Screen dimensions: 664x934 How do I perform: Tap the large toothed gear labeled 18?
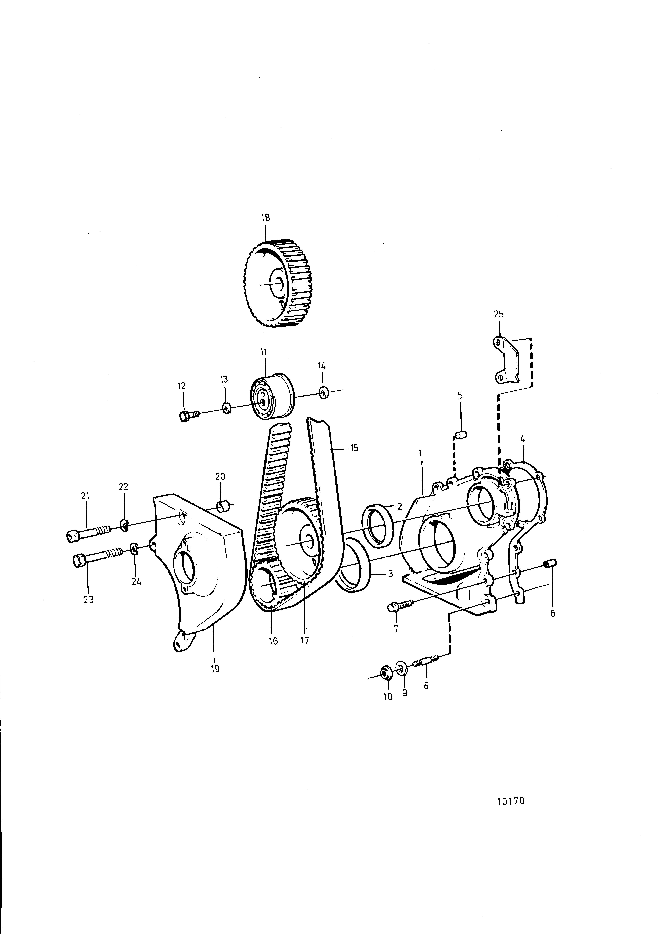click(x=278, y=283)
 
